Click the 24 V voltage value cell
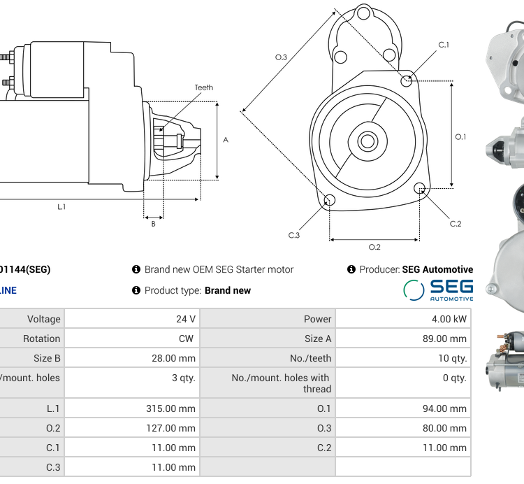(186, 319)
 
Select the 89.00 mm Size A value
(448, 339)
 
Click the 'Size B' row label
(43, 358)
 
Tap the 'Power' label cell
(318, 319)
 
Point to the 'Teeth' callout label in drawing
(204, 87)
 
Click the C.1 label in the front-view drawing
(444, 45)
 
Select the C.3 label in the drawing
(293, 235)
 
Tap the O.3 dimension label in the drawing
(281, 57)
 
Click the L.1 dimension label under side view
(61, 206)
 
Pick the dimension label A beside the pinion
(226, 140)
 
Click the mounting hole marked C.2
(420, 187)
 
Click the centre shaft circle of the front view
(367, 141)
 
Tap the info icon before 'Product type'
(136, 290)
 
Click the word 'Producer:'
(379, 269)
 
